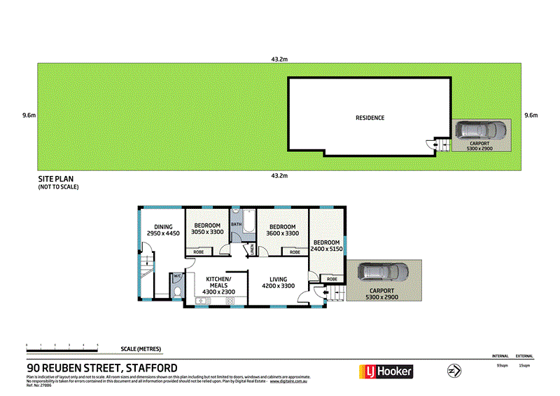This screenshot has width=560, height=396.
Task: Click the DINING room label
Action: click(x=163, y=226)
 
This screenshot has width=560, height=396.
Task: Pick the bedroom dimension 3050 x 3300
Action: click(x=207, y=232)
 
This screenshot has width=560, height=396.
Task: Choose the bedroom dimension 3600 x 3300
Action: click(x=282, y=234)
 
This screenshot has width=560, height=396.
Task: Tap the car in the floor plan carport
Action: click(x=381, y=272)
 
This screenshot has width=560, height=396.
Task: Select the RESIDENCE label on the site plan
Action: click(x=370, y=118)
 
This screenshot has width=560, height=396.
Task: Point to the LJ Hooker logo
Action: click(x=386, y=371)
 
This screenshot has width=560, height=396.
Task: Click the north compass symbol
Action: click(x=454, y=370)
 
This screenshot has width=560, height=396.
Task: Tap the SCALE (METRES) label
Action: click(x=141, y=348)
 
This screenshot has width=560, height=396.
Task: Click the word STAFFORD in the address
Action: click(x=150, y=368)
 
